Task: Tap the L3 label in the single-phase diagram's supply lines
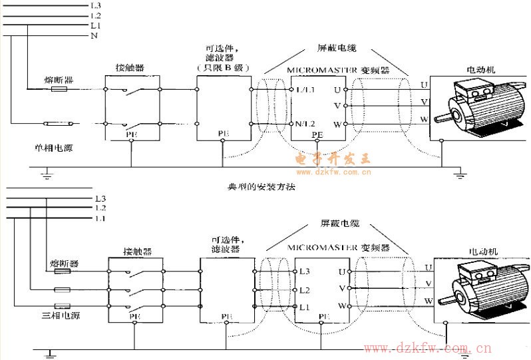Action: (x=95, y=5)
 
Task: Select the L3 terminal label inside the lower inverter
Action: (x=305, y=271)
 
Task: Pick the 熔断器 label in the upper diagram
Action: (x=60, y=81)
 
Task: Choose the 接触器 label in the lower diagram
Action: (x=137, y=252)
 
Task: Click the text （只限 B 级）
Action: (x=222, y=69)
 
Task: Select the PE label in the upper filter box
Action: (x=223, y=134)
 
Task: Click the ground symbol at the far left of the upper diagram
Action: (x=47, y=174)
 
